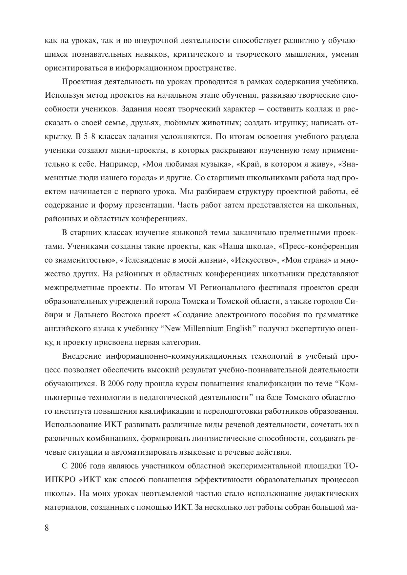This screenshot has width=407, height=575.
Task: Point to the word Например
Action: [119, 164]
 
